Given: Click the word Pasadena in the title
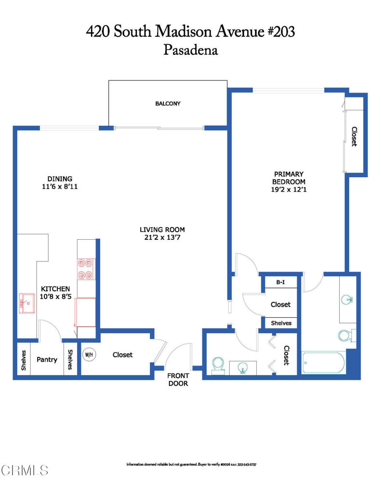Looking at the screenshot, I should (190, 50).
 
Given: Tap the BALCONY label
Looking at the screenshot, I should (168, 104).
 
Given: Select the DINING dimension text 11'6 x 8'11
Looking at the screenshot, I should (60, 186).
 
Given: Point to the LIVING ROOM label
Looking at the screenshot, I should (162, 230).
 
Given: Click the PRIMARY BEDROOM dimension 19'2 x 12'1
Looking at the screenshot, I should (289, 190).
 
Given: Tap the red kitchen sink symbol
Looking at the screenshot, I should (26, 303).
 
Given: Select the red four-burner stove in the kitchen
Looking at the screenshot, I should (86, 270).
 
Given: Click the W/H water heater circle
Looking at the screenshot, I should (89, 355).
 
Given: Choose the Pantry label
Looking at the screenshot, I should (47, 360).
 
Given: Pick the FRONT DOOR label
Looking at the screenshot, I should (178, 379).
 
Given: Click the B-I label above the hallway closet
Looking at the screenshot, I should (280, 282).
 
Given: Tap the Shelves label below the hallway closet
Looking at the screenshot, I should (281, 323).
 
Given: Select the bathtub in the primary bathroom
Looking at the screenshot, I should (323, 363).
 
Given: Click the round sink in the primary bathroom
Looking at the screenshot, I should (347, 299).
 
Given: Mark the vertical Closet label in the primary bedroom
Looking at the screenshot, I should (354, 136).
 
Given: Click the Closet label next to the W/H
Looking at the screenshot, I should (122, 355).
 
